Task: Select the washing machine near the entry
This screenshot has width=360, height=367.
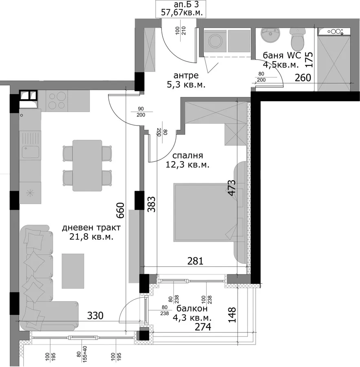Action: click(215, 41)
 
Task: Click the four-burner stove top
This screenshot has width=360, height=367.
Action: click(57, 101)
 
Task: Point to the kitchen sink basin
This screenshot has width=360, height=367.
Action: click(30, 152)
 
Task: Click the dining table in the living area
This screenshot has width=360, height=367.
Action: click(87, 166)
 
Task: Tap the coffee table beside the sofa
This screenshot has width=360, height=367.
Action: click(73, 271)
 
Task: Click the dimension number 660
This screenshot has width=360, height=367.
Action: click(120, 210)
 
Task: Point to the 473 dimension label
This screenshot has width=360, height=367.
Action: click(232, 188)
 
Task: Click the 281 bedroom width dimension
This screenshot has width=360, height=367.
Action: click(195, 261)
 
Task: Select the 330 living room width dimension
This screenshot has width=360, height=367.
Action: click(95, 316)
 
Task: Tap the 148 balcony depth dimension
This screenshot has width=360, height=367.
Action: click(232, 315)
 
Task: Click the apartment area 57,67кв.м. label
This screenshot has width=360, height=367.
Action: click(182, 12)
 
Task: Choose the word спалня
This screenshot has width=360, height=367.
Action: click(188, 156)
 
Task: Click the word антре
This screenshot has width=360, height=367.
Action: click(186, 75)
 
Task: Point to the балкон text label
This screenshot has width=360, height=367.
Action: click(192, 309)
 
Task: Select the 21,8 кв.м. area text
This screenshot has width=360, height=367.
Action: click(91, 237)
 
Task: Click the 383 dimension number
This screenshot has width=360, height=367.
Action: click(151, 204)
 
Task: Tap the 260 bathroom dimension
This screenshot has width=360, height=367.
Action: click(303, 78)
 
